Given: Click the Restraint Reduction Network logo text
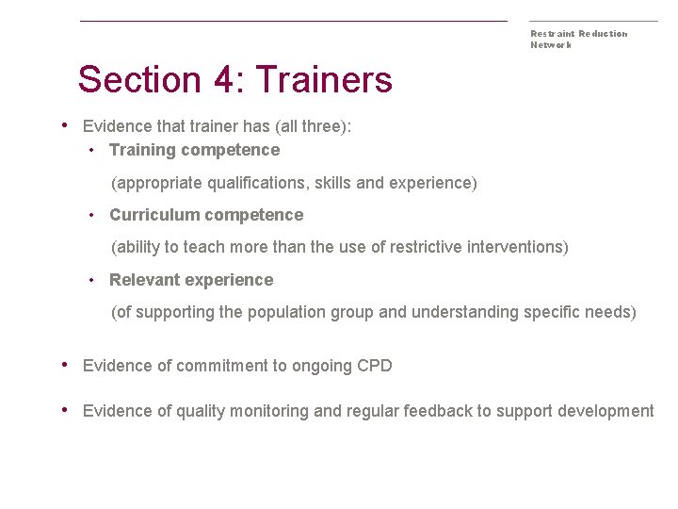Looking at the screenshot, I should (x=578, y=39).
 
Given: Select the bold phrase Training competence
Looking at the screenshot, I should (x=194, y=150).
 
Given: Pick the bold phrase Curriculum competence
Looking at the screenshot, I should (x=206, y=215).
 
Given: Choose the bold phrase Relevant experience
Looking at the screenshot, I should (x=191, y=280).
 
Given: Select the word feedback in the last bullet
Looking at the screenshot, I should (x=437, y=411).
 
